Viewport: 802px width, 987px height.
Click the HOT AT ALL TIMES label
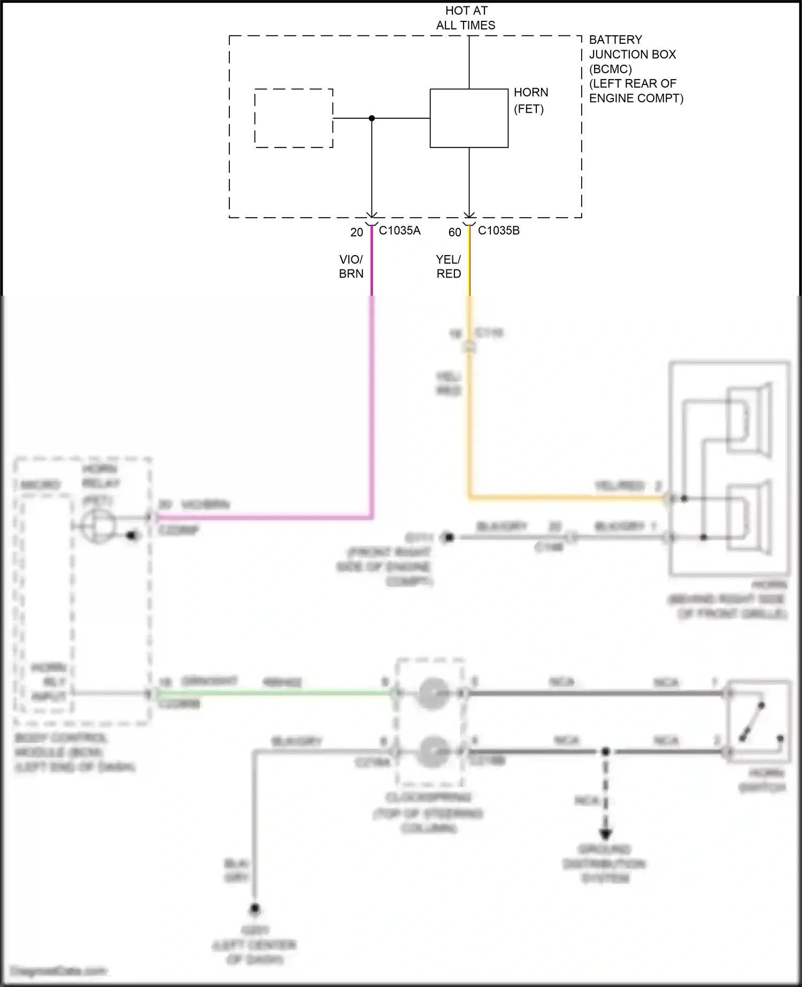(466, 18)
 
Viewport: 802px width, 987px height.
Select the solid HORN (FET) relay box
(469, 118)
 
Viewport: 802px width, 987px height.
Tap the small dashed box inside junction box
(294, 118)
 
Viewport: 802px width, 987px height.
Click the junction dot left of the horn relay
(372, 118)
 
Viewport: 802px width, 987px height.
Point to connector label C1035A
(399, 230)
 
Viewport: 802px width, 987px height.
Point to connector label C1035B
(498, 230)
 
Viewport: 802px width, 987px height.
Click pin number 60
(454, 233)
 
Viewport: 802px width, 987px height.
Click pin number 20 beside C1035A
(357, 233)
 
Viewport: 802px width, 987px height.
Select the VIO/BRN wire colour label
(351, 266)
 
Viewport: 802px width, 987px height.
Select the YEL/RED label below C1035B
(448, 266)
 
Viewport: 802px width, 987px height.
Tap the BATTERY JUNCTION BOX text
(633, 47)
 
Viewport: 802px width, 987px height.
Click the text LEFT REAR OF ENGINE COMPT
(636, 91)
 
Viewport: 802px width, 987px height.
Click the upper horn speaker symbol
(749, 421)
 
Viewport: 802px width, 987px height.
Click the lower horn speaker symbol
(749, 517)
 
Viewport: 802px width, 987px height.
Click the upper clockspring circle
(432, 693)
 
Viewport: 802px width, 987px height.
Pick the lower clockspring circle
(432, 751)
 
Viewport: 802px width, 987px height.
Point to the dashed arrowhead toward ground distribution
(605, 834)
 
